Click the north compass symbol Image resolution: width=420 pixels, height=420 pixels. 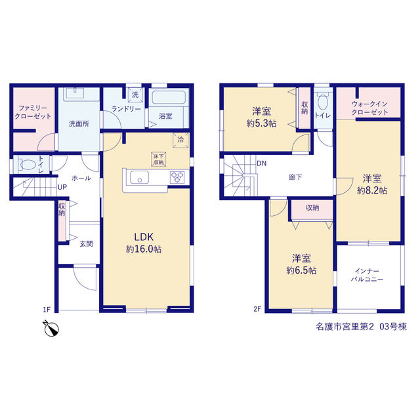[x=51, y=328]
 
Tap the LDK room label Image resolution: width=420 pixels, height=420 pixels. [x=144, y=237]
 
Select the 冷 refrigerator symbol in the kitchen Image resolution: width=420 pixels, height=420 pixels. [x=180, y=140]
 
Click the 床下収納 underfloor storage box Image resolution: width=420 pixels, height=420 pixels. [x=158, y=159]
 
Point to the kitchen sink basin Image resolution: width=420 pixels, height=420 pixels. [x=139, y=177]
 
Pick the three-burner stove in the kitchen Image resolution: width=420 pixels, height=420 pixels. [x=177, y=177]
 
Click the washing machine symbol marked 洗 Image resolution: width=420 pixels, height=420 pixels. [x=135, y=94]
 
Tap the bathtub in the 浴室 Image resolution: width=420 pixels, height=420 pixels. [x=169, y=98]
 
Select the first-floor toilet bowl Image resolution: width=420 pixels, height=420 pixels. [x=28, y=165]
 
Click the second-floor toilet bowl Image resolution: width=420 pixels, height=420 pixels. [x=323, y=102]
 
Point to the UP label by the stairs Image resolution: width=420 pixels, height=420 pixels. [x=62, y=187]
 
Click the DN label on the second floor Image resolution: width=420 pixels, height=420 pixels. [x=261, y=163]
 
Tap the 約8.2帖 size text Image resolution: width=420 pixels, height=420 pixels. [x=372, y=191]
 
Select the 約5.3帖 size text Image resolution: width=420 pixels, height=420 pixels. [x=261, y=123]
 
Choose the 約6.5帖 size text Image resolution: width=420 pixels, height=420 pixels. [x=301, y=270]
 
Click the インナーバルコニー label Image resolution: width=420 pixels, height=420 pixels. [x=367, y=276]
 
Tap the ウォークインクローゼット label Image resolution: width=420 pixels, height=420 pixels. [x=369, y=108]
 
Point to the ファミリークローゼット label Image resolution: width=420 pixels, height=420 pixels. [x=33, y=112]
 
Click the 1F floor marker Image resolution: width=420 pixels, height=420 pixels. [x=47, y=310]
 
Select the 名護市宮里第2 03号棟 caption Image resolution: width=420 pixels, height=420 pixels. [x=362, y=327]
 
